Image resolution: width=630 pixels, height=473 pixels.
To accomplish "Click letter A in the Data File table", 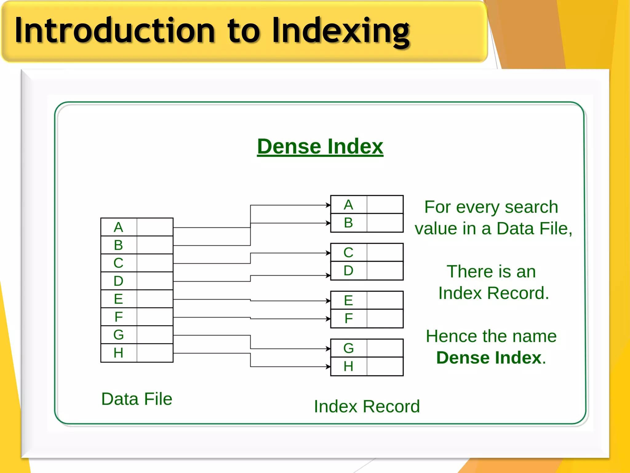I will (118, 227).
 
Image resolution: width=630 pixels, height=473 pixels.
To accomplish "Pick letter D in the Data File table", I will (118, 281).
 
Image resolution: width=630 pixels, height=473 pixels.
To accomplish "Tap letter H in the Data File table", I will (118, 353).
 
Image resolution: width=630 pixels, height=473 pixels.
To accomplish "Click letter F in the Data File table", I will (118, 317).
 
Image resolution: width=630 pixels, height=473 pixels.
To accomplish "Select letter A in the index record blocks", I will (348, 205).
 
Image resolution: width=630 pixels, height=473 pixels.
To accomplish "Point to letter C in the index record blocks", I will (348, 253).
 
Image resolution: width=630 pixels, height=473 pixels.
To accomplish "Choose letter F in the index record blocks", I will (348, 318).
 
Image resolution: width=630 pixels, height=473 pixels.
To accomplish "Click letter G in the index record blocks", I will (348, 348).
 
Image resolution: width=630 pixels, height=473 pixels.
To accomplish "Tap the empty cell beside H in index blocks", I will (385, 366).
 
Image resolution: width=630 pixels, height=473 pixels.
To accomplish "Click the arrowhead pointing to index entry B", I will (328, 223).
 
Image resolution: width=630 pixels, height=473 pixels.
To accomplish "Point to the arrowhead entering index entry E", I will (328, 301).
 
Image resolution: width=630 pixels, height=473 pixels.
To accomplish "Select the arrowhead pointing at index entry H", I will (328, 366).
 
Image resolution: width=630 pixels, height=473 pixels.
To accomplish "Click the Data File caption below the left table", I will (137, 399).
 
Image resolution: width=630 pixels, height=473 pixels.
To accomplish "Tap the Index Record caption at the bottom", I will (367, 406).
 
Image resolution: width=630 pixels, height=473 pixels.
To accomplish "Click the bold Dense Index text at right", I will (489, 358).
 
